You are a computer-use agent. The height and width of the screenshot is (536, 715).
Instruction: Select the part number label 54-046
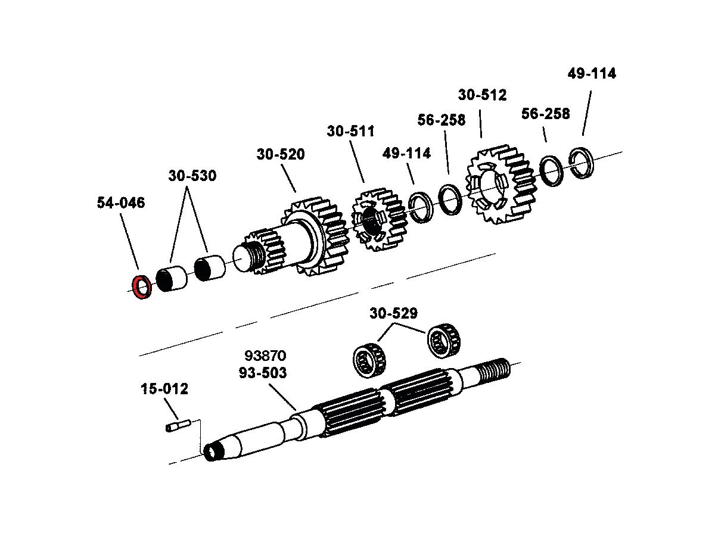(x=120, y=203)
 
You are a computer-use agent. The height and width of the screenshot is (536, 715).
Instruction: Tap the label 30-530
(x=192, y=176)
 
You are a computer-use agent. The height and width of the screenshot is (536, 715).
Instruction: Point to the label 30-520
(x=281, y=154)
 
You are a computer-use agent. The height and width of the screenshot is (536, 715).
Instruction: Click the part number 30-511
(x=350, y=131)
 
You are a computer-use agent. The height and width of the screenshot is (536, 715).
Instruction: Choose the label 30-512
(x=482, y=95)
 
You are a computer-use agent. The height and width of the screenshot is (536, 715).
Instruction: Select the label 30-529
(x=393, y=313)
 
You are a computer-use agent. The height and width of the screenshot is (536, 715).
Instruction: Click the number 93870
(x=265, y=356)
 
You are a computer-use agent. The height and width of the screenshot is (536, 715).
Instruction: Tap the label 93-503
(x=263, y=373)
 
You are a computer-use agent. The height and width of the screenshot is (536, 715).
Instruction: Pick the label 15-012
(x=164, y=389)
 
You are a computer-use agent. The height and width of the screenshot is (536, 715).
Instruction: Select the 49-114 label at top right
(x=592, y=74)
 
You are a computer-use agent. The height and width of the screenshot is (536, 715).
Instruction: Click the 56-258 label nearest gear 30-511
(x=442, y=120)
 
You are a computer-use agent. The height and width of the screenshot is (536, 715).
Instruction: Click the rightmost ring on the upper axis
(x=581, y=161)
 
